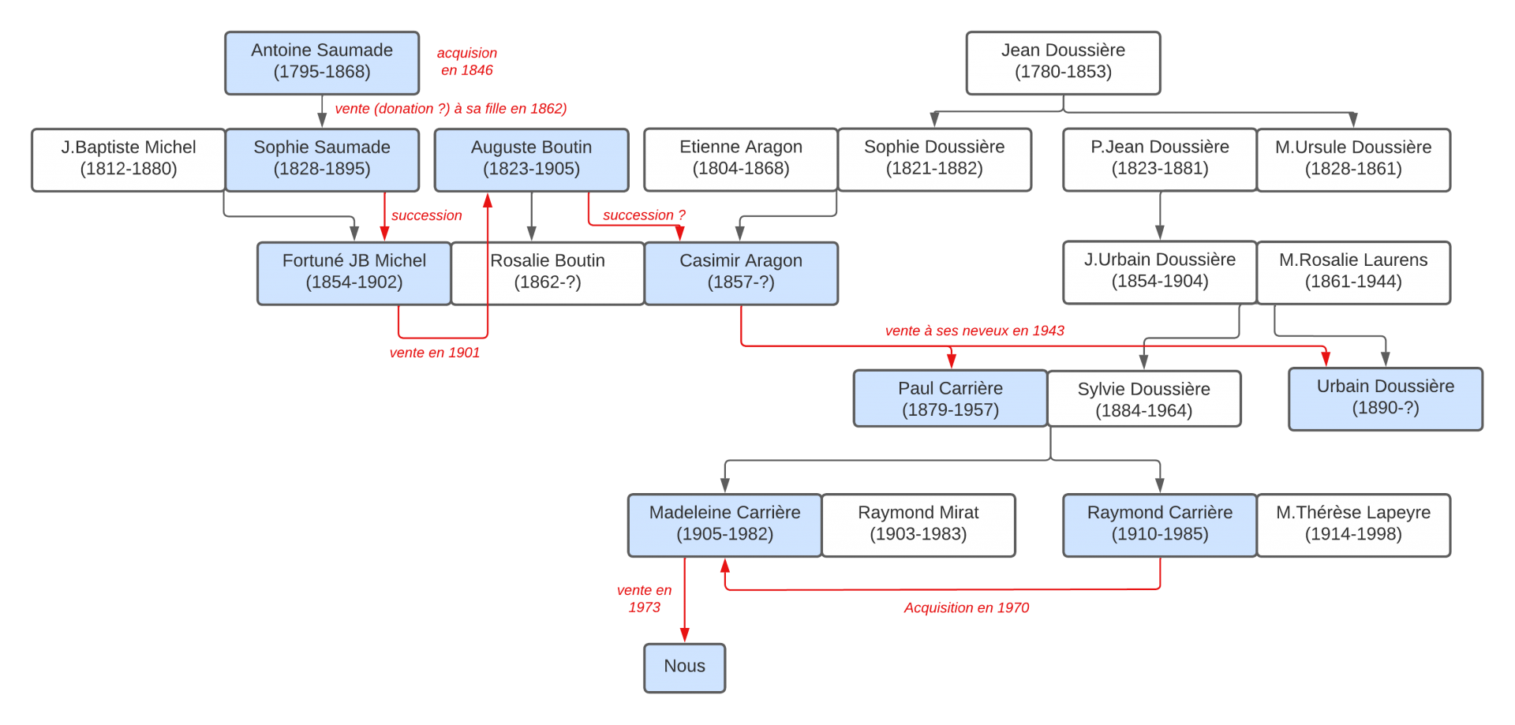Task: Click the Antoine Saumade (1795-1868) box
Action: coord(322,62)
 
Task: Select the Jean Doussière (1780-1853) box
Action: coord(1063,62)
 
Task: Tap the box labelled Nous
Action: coord(684,667)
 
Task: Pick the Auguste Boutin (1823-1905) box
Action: coord(531,159)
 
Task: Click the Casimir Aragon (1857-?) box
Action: coord(741,273)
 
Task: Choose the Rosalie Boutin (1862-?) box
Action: coord(548,273)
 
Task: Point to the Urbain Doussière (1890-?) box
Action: coord(1385,398)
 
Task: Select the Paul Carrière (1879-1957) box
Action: coord(950,399)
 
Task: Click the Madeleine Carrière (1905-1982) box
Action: coord(724,525)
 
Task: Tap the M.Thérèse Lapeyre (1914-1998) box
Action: coord(1353,525)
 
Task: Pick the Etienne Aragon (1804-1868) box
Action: coord(741,159)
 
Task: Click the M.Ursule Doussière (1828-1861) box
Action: coord(1353,159)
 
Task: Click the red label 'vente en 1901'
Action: coord(435,353)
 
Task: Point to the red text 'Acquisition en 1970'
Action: coord(966,607)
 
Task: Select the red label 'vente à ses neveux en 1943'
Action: coord(974,331)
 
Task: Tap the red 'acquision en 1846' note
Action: coord(467,62)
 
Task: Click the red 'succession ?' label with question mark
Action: coord(644,215)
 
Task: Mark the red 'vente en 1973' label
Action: coord(644,599)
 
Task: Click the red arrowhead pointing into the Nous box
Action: coord(684,635)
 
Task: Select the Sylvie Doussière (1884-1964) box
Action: coord(1143,399)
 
